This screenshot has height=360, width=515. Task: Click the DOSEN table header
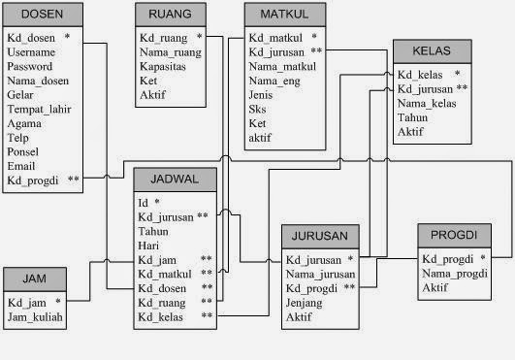coord(42,15)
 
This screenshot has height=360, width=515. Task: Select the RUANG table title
coord(169,15)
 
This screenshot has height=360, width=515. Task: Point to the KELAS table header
coord(432,50)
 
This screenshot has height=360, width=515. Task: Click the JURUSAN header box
coord(320,237)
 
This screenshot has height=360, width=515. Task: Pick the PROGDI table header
coord(453,236)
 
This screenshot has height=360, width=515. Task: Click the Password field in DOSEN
coord(30,66)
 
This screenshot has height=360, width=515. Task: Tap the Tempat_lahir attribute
coord(40,110)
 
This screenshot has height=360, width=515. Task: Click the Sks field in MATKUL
coord(258,109)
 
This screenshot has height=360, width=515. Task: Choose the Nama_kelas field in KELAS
coord(427,103)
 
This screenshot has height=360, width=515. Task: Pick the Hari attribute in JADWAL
coord(148,245)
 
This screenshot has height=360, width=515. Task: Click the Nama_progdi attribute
coord(454,274)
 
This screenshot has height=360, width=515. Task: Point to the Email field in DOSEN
coord(22,166)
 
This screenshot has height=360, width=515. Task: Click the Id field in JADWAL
coord(144,203)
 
